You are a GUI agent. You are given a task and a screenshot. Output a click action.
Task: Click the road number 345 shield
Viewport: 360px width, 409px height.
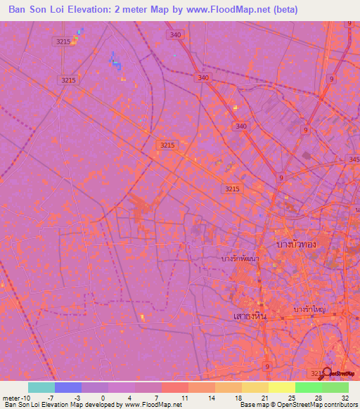[352, 161]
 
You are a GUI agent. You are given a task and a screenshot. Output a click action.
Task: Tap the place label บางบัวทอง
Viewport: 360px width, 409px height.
[296, 244]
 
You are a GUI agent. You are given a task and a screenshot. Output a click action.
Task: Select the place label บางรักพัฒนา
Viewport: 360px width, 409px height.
[240, 259]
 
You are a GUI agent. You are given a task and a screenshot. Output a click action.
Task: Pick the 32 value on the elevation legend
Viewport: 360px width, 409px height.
[343, 398]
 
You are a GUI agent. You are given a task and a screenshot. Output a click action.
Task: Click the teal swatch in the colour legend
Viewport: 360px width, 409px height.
[41, 387]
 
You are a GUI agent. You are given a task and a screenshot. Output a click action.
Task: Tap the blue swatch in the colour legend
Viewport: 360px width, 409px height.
[68, 387]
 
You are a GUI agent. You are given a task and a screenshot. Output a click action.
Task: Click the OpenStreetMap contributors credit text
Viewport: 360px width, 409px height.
[309, 405]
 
